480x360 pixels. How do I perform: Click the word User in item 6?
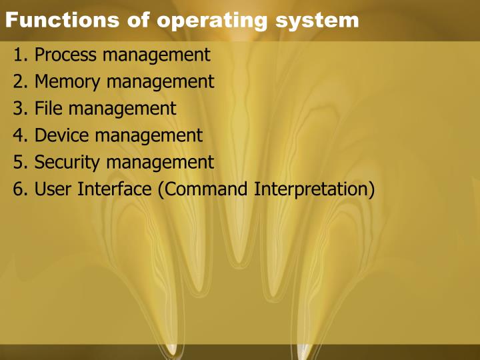pyautogui.click(x=53, y=189)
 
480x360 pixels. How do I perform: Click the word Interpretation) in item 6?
pyautogui.click(x=314, y=189)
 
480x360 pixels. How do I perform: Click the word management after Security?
pyautogui.click(x=161, y=162)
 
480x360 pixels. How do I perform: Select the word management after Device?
pyautogui.click(x=149, y=135)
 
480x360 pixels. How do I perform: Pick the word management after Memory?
pyautogui.click(x=161, y=82)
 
